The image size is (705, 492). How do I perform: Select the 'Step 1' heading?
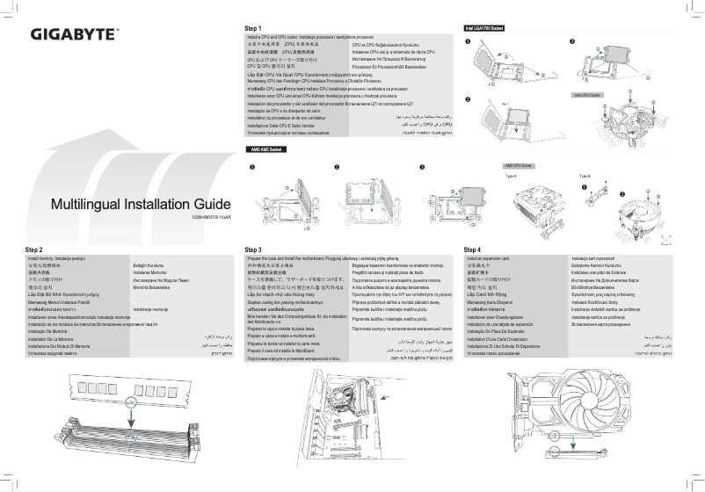[254, 29]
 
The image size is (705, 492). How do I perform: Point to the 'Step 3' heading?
[254, 250]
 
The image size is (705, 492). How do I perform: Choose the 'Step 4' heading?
[472, 250]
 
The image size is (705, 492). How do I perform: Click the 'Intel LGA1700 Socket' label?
[483, 30]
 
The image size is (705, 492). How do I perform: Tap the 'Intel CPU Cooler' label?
[586, 94]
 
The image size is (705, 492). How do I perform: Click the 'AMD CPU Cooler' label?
[519, 165]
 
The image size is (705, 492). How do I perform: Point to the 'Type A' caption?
[511, 175]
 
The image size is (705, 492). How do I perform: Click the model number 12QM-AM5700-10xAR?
[211, 217]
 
